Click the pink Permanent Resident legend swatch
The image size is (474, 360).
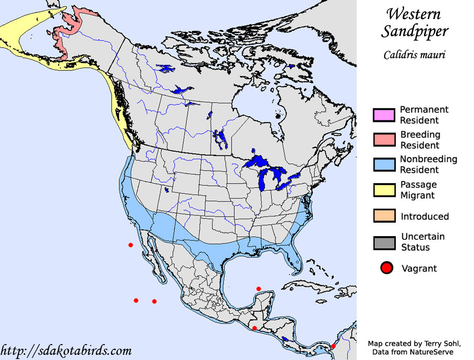(x=384, y=115)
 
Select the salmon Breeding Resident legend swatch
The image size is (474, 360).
(x=384, y=140)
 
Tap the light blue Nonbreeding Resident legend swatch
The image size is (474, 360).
(x=384, y=165)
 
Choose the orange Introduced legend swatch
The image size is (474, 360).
(x=384, y=216)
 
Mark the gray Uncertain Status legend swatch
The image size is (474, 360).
(x=384, y=242)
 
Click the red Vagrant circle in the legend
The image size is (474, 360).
(x=387, y=267)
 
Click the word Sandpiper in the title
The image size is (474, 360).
(x=414, y=31)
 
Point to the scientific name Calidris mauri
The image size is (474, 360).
(x=414, y=55)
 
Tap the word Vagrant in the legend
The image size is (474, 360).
(x=418, y=268)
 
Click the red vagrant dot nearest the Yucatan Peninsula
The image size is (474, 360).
(x=258, y=289)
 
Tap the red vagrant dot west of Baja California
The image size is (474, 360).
(x=131, y=245)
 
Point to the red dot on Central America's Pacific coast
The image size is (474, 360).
(x=254, y=328)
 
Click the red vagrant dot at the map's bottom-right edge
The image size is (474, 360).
(x=333, y=346)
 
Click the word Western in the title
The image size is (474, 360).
(x=414, y=13)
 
